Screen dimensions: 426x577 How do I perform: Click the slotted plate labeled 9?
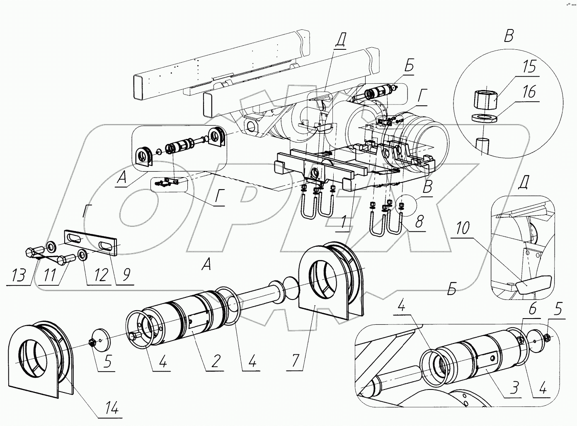[x=91, y=241]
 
